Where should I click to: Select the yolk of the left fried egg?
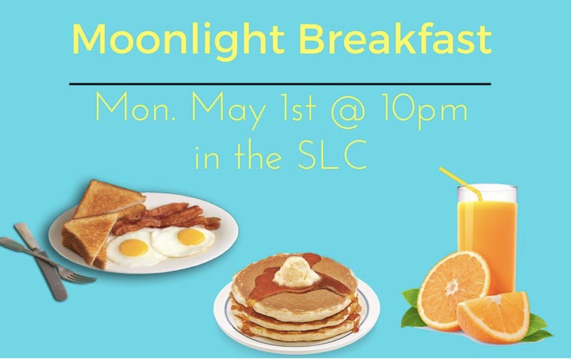[x=134, y=247]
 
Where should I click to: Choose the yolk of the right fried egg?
[x=190, y=237]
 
